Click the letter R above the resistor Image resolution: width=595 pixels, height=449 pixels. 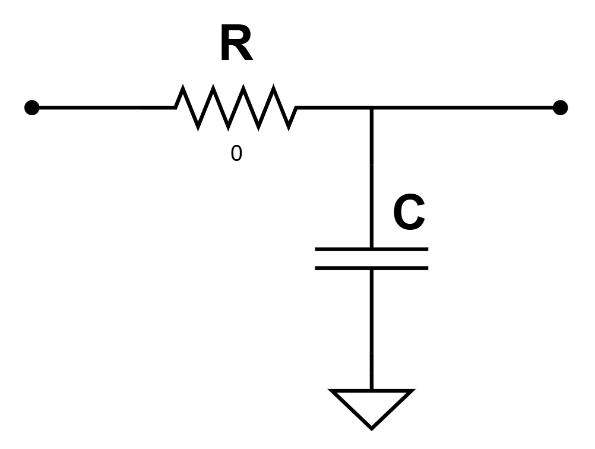tap(236, 45)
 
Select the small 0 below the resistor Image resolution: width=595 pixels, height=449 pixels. tap(236, 154)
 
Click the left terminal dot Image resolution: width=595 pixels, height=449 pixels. tap(32, 107)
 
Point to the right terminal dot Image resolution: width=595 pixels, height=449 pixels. tap(560, 107)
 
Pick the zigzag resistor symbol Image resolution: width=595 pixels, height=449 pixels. tap(236, 107)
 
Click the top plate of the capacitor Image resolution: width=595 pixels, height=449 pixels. tap(371, 249)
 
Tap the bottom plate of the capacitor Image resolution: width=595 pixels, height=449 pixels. tap(371, 268)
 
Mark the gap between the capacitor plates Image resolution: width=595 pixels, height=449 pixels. tap(371, 258)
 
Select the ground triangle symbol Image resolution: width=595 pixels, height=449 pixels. tap(371, 404)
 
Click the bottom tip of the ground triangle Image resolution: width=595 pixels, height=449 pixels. tap(371, 426)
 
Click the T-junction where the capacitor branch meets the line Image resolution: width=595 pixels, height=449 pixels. tap(371, 108)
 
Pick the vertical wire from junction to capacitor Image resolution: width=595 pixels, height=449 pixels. tap(371, 178)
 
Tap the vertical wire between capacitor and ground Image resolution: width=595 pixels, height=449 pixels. tap(371, 330)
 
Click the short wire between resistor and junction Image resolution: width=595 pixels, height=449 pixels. tap(333, 107)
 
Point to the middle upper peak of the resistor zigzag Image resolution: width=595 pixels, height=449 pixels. tap(243, 88)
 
